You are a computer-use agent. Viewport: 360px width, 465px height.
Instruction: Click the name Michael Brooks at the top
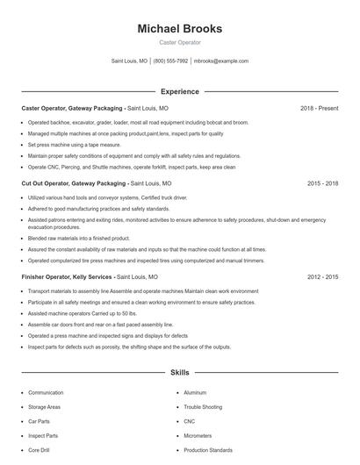click(179, 29)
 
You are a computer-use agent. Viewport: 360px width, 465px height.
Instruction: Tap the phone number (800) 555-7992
click(170, 61)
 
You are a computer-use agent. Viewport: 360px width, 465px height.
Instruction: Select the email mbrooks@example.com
click(221, 61)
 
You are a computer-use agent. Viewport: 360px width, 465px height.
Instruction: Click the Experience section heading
click(179, 91)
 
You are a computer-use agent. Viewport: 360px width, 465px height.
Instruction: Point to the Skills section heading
click(179, 372)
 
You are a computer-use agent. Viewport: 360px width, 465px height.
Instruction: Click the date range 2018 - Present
click(319, 108)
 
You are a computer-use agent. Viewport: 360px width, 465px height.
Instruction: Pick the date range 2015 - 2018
click(322, 183)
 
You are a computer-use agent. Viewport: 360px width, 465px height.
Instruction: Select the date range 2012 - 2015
click(322, 276)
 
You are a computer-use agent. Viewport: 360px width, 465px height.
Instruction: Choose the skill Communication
click(46, 393)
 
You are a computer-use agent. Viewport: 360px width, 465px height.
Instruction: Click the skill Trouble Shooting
click(204, 407)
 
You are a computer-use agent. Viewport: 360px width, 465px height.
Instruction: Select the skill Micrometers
click(198, 435)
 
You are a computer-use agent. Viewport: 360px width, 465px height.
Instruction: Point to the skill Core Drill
click(40, 450)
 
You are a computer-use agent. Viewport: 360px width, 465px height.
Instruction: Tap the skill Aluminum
click(195, 393)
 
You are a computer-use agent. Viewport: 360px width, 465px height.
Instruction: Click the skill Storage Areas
click(44, 407)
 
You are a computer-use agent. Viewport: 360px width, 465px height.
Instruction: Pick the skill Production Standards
click(208, 450)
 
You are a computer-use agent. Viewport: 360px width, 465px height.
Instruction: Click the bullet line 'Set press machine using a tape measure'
click(74, 144)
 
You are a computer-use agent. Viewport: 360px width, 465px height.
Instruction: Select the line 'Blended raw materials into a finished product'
click(79, 238)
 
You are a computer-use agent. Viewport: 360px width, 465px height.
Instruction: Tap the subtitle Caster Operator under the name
click(179, 42)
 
